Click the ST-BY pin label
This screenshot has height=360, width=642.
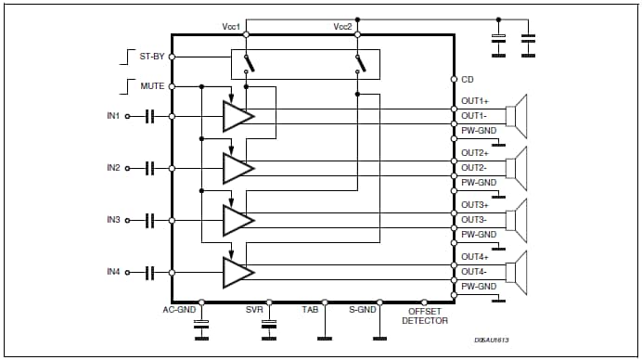(151, 57)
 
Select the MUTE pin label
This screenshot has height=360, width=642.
(151, 86)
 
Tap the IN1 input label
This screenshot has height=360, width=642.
(113, 116)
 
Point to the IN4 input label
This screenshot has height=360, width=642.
(113, 272)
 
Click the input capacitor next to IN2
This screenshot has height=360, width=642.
(148, 168)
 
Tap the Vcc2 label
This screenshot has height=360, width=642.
(343, 25)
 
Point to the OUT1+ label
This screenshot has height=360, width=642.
(475, 101)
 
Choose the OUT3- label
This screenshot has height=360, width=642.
(475, 220)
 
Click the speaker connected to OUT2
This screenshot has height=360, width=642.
(516, 168)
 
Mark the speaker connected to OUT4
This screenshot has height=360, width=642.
(516, 272)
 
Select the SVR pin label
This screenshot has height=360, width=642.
(254, 310)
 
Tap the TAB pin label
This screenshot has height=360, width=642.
(311, 310)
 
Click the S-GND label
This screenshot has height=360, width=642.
(362, 310)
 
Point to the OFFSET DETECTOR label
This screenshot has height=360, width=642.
(425, 315)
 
